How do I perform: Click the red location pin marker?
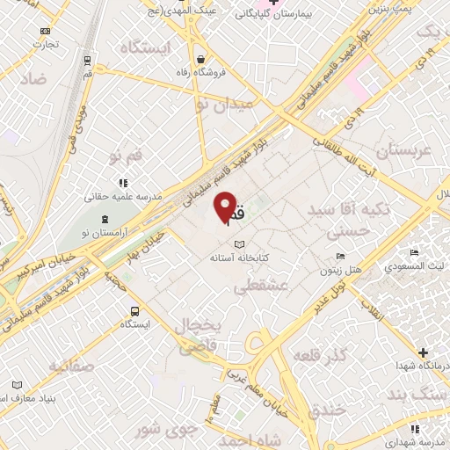[225, 207]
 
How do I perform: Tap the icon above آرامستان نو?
[106, 219]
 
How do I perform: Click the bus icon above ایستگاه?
[134, 311]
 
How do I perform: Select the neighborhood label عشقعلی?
[256, 287]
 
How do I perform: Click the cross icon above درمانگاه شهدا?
[423, 352]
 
